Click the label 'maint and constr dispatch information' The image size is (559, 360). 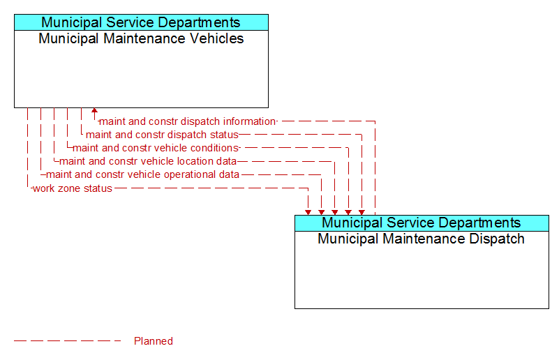coord(188,121)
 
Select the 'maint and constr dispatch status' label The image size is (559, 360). coord(162,135)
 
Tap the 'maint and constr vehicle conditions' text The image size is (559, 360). coord(156,148)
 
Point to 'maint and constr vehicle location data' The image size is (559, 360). coord(148,161)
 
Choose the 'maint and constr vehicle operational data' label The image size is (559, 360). coord(142,174)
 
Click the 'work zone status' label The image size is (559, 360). coord(73,188)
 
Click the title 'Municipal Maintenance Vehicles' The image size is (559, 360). coord(141,38)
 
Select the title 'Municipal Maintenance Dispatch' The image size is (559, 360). coord(421,239)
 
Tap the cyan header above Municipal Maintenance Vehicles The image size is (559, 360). coord(141,22)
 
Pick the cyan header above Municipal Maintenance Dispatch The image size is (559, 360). coord(422,223)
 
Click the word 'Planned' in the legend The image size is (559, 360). coord(154,341)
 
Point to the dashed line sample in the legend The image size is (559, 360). coord(68,341)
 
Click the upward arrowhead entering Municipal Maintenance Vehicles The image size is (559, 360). coord(94,110)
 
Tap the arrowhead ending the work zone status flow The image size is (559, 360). coord(308,212)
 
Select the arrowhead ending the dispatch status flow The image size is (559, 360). coord(362,212)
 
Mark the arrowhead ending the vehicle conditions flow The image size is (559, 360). coord(348,212)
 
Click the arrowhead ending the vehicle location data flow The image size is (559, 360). coord(335,212)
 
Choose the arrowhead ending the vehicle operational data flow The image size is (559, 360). coord(322,212)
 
